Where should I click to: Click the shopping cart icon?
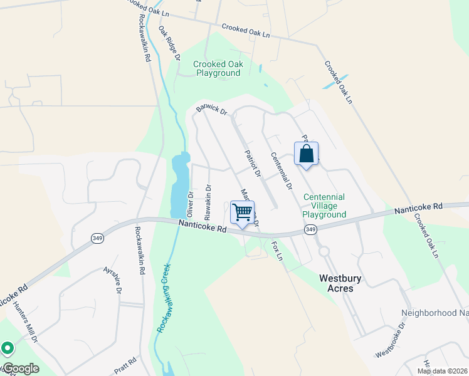click(242, 211)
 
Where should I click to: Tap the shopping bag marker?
click(306, 154)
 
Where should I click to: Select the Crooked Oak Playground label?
click(218, 68)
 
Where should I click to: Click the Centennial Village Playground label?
click(324, 206)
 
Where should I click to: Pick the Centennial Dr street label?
click(282, 170)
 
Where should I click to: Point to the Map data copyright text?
click(442, 371)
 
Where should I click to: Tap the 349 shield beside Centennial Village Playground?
click(310, 231)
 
